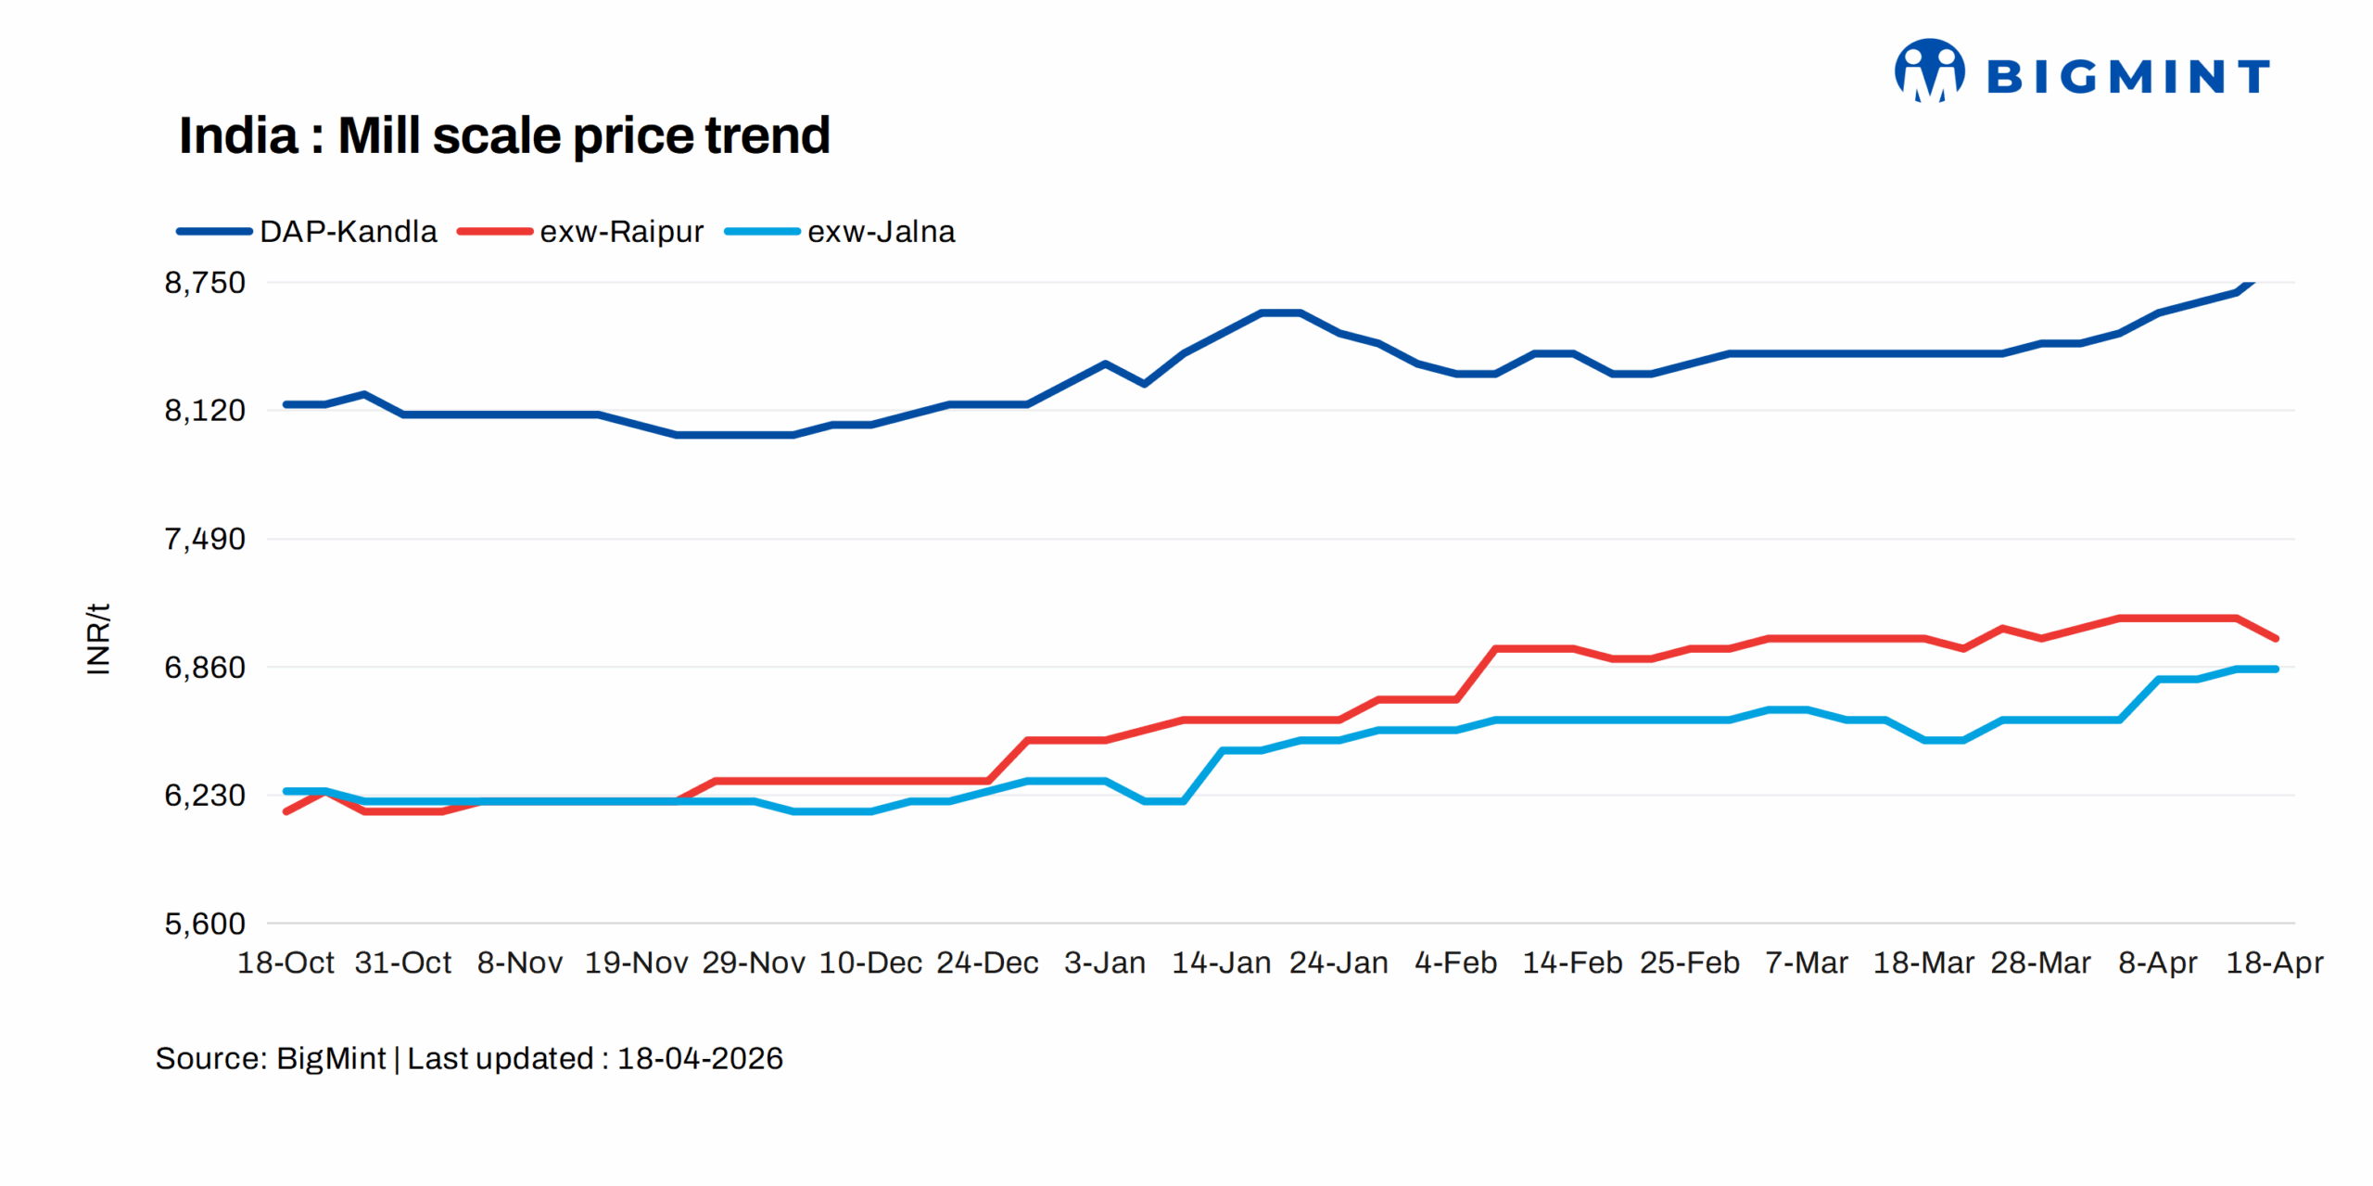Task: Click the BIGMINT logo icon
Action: point(1928,70)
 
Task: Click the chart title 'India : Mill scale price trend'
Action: point(503,135)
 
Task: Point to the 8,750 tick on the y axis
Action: point(205,282)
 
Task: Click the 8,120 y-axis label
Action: point(205,410)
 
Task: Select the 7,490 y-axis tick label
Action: point(205,539)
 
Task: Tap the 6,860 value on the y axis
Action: point(205,667)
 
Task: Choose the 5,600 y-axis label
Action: point(205,924)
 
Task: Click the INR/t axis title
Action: point(97,638)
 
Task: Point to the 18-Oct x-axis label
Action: point(286,963)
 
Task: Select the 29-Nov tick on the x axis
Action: point(753,963)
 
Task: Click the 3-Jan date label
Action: point(1104,963)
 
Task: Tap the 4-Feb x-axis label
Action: point(1455,963)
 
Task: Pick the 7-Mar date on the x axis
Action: point(1806,963)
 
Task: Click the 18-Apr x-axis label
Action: point(2274,963)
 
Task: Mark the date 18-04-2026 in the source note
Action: point(700,1058)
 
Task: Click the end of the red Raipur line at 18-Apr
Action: point(2276,638)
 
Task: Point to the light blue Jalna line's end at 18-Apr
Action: point(2276,669)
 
